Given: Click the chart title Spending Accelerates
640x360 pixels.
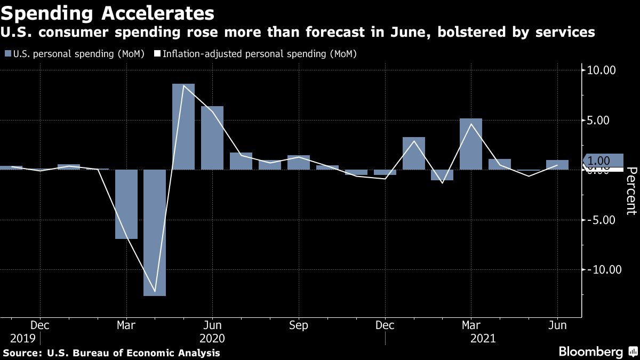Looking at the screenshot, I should (x=109, y=12).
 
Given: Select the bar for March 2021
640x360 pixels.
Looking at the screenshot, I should (x=471, y=144).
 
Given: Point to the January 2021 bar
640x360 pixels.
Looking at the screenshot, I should (x=413, y=153).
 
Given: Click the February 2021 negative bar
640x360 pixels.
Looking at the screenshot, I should (x=442, y=175).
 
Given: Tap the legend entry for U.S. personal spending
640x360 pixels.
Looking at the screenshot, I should (x=74, y=54).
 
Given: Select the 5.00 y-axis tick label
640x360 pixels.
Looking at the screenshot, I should (x=604, y=121).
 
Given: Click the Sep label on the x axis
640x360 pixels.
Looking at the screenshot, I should (x=299, y=325).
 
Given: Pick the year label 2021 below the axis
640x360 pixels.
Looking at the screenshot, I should (x=483, y=339).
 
